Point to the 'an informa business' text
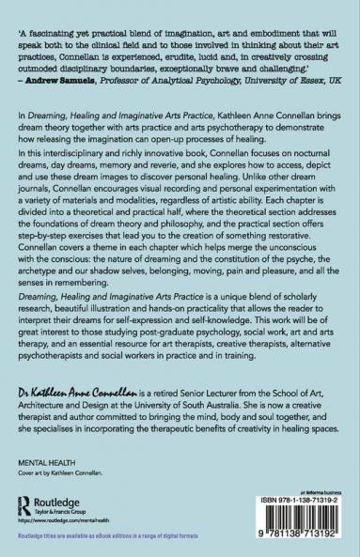pos(319,474)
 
